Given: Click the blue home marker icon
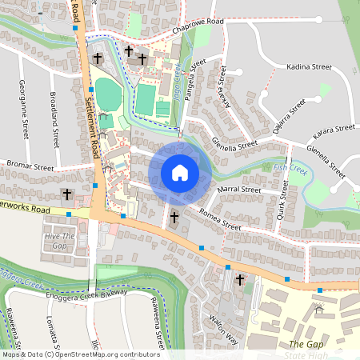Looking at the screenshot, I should pyautogui.click(x=180, y=173).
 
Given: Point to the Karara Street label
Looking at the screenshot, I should pyautogui.click(x=334, y=128).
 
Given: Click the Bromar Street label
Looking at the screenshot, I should pyautogui.click(x=29, y=169).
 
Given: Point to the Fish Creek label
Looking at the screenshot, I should pyautogui.click(x=290, y=169).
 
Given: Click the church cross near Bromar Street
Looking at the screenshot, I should pyautogui.click(x=67, y=194).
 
